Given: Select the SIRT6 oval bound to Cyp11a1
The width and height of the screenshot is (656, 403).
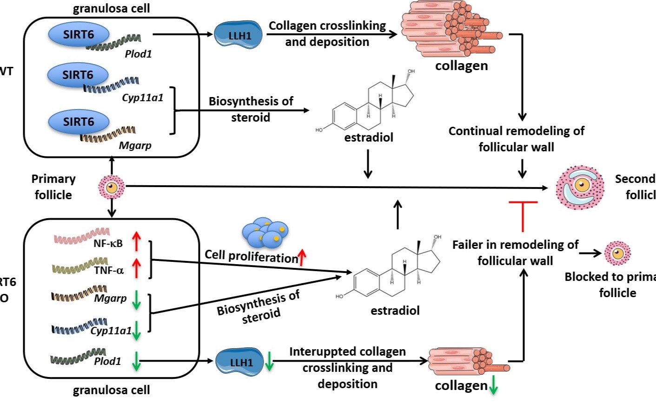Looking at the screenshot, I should pos(78,75).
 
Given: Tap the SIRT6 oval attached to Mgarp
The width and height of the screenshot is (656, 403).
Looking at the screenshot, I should pos(79,122).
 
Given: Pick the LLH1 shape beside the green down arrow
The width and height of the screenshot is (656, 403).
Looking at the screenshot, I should pos(241,362).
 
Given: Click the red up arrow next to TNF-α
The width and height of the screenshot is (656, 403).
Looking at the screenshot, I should pos(136,268).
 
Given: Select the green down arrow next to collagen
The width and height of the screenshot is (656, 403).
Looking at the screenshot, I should pos(493,386).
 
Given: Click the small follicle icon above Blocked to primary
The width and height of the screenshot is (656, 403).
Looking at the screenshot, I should pos(617,253).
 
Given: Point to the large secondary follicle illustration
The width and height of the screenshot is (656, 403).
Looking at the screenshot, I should pos(580,187).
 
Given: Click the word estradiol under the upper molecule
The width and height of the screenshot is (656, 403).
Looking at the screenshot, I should pos(369,137).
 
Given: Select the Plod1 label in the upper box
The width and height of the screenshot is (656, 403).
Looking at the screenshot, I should pos(138,54).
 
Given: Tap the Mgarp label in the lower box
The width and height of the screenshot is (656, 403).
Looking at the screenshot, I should pos(110,299).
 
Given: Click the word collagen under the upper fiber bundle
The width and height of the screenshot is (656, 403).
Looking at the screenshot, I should pos(461,66).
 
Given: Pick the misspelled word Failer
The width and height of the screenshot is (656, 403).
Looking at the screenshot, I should pos(467,245).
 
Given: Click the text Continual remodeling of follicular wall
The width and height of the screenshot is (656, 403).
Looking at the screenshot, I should pos(516,139).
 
